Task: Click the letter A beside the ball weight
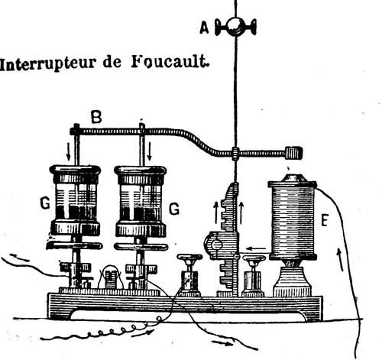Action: tap(204, 28)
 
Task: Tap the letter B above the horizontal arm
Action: tap(96, 118)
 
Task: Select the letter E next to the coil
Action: tap(324, 220)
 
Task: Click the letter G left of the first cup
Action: tap(45, 203)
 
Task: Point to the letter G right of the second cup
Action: tap(174, 209)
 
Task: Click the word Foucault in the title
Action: tap(170, 62)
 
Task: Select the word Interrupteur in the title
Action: tap(48, 64)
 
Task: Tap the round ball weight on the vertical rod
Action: tap(235, 27)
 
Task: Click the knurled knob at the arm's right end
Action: tap(293, 153)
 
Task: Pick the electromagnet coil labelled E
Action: tap(293, 220)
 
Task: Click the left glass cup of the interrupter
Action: tap(76, 200)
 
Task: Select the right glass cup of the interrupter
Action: tap(141, 201)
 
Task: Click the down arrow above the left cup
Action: tap(68, 151)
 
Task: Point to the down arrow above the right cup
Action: tap(150, 151)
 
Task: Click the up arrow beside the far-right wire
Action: tap(340, 260)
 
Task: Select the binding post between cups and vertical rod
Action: tap(189, 275)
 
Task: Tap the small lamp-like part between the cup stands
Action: tap(110, 277)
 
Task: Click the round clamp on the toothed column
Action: tap(216, 245)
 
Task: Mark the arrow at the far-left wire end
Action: tap(20, 258)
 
